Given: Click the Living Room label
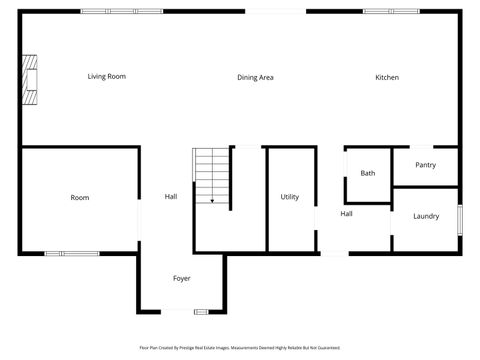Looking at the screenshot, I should pos(106,77).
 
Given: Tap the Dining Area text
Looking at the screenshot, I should pos(255,77).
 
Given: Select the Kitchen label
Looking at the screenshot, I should pos(387,77).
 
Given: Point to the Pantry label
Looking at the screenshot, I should pos(425,165).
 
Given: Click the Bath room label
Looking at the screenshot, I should pos(368,173).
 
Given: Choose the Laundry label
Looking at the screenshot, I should pos(426,216).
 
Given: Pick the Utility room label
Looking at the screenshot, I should pos(290,197).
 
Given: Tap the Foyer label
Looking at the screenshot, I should pos(182,278).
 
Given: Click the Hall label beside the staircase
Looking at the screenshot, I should pos(171,197).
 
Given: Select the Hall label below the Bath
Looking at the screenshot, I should pos(346,214).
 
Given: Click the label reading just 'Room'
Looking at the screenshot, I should pos(80,198).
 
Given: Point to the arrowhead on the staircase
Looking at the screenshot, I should pos(212,201).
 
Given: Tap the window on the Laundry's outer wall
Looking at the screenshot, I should pos(459,219).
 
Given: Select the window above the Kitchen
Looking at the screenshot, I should pos(391,11).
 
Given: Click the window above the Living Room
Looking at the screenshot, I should pos(108,11).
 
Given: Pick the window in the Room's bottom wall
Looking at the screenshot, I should pos(71,253).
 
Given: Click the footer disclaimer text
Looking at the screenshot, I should pos(240,348).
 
